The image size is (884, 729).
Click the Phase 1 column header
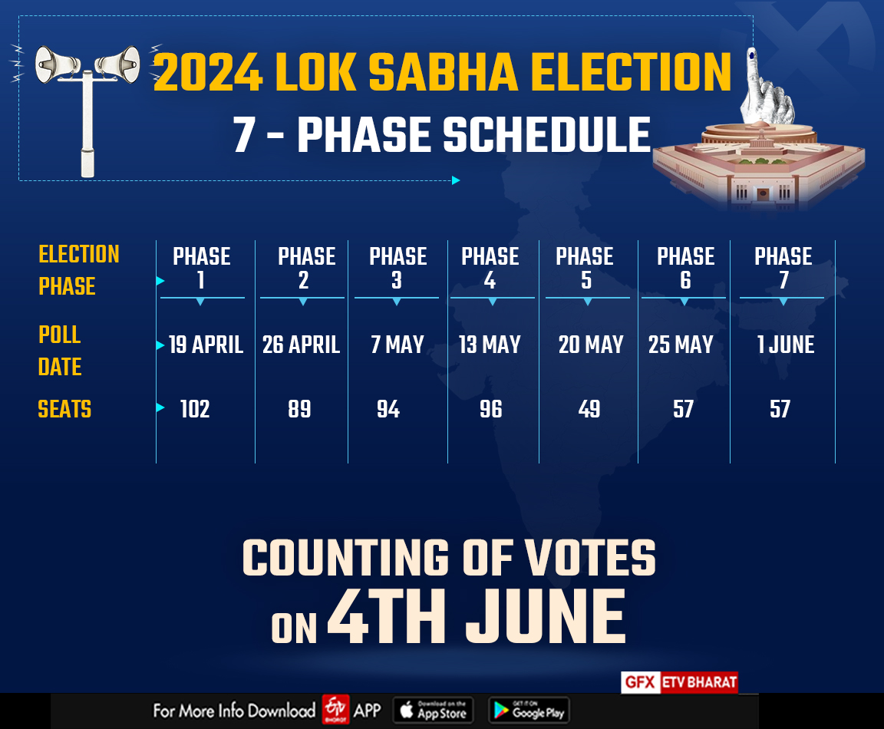(201, 268)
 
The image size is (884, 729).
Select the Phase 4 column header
(490, 268)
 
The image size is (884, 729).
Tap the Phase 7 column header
(783, 268)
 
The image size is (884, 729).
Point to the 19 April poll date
(206, 345)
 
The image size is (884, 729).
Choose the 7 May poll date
(397, 345)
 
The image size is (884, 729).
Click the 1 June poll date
(785, 345)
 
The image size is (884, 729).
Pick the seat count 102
(195, 410)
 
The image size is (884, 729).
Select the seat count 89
(299, 410)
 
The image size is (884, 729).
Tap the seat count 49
(589, 410)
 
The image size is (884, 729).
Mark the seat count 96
(490, 410)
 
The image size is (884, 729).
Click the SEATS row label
(64, 410)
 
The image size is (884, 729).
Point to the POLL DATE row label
(60, 351)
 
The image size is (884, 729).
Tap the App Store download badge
(434, 710)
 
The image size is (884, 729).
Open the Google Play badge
(529, 710)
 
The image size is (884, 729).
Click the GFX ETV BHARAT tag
(679, 682)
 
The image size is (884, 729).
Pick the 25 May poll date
(680, 345)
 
